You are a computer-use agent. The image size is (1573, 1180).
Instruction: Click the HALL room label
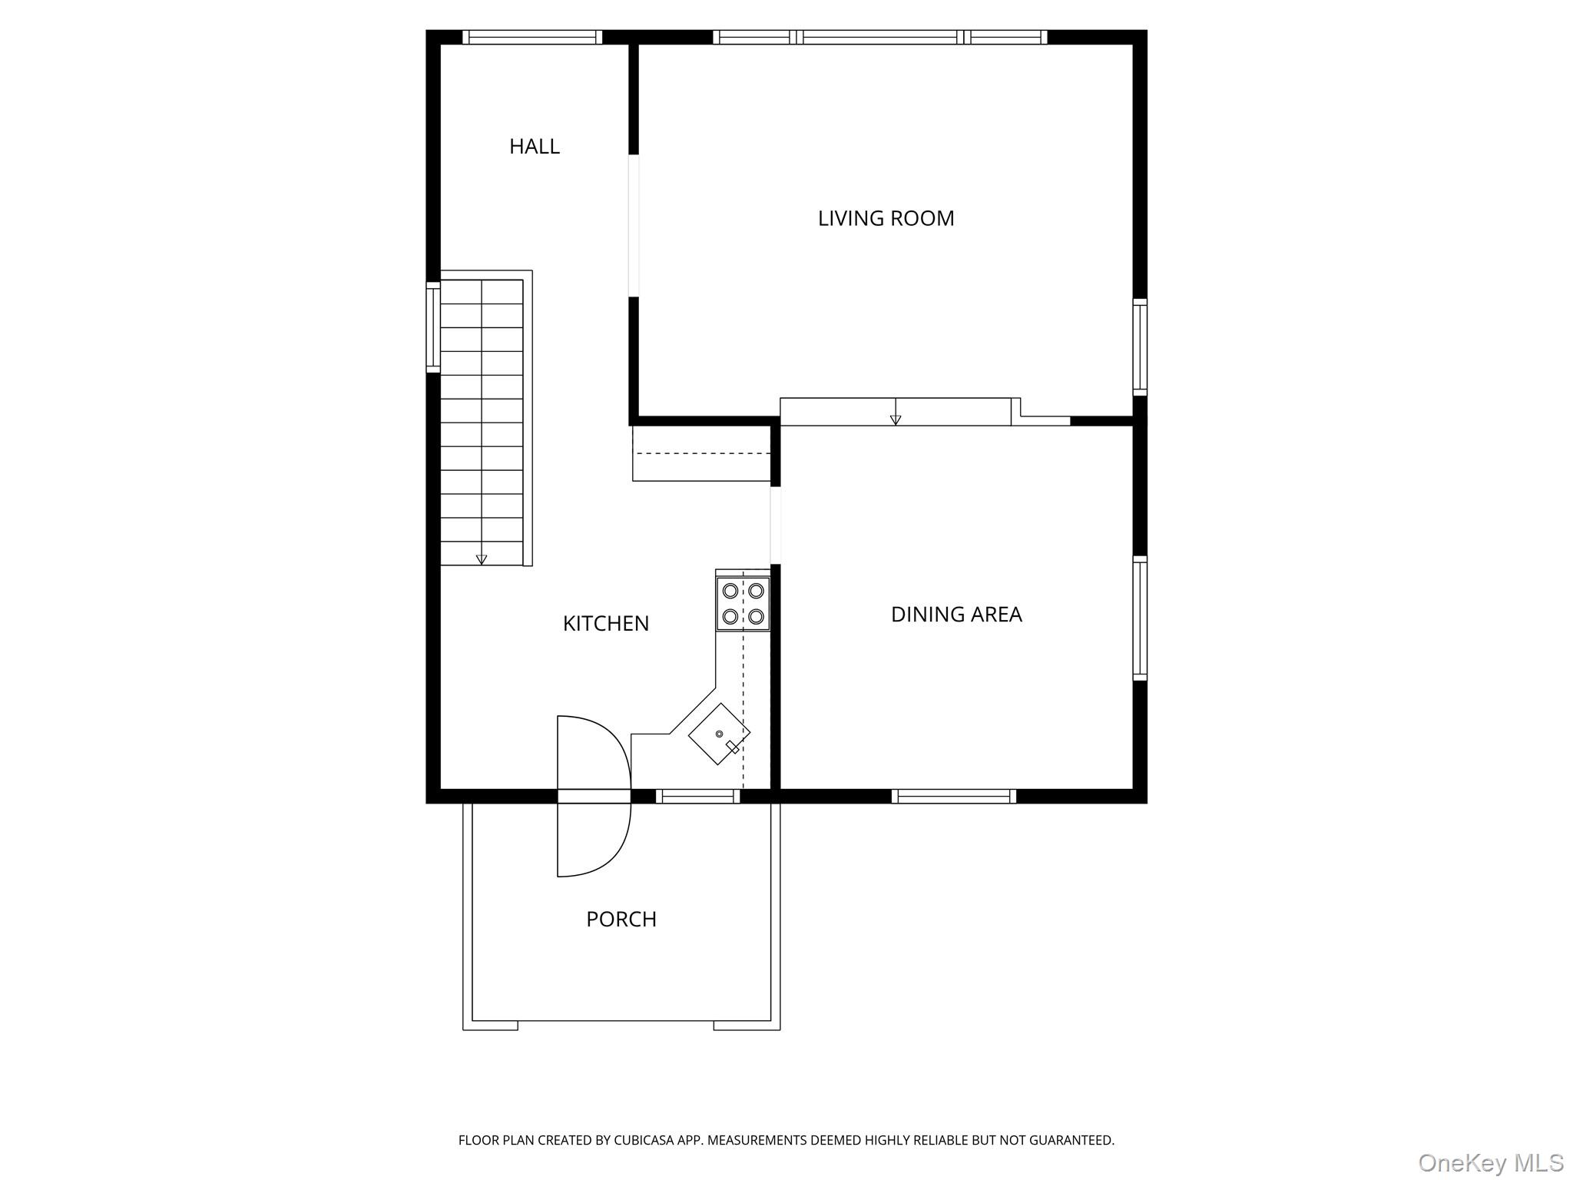pyautogui.click(x=534, y=146)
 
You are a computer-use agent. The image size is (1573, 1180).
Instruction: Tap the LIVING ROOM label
pyautogui.click(x=886, y=218)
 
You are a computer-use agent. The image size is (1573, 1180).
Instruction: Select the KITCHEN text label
pyautogui.click(x=605, y=623)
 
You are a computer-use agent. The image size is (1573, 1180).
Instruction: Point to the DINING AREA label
pyautogui.click(x=955, y=614)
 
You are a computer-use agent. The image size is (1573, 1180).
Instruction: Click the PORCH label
pyautogui.click(x=621, y=919)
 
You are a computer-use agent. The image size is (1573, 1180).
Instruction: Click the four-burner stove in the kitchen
pyautogui.click(x=743, y=603)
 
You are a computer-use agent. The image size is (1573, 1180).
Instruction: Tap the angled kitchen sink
pyautogui.click(x=719, y=734)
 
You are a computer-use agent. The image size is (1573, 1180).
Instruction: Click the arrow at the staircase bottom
pyautogui.click(x=482, y=559)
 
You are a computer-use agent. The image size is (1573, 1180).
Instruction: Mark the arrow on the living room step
pyautogui.click(x=895, y=419)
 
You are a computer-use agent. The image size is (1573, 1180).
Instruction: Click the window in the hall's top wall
pyautogui.click(x=532, y=37)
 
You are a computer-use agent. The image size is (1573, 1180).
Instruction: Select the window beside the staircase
pyautogui.click(x=433, y=327)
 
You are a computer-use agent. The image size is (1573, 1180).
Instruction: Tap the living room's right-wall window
pyautogui.click(x=1140, y=347)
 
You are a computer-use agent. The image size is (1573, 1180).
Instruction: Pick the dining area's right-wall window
pyautogui.click(x=1140, y=618)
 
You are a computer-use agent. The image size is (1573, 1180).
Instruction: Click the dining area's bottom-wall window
pyautogui.click(x=953, y=797)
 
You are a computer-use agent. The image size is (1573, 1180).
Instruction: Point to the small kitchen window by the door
pyautogui.click(x=697, y=797)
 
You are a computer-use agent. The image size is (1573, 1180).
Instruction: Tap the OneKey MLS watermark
pyautogui.click(x=1490, y=1162)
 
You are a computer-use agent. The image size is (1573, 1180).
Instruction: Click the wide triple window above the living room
pyautogui.click(x=879, y=37)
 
